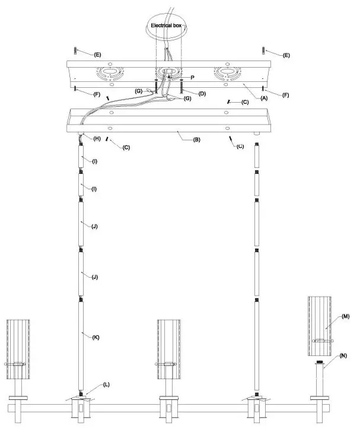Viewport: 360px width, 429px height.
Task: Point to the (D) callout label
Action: [x=202, y=93]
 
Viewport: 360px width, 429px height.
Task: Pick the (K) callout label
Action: [x=95, y=337]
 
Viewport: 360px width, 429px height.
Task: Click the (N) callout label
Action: [x=344, y=357]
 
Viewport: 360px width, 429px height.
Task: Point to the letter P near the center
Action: [x=193, y=77]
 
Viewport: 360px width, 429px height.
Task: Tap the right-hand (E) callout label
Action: [x=286, y=55]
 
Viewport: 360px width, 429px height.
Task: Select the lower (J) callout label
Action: [x=94, y=277]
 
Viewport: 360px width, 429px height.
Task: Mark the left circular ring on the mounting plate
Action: [x=110, y=74]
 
